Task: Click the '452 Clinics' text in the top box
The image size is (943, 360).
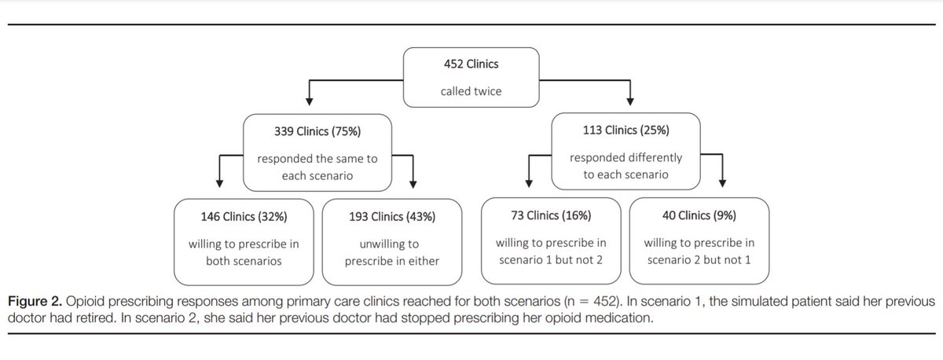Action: pyautogui.click(x=471, y=64)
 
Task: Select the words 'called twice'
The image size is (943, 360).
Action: pyautogui.click(x=471, y=92)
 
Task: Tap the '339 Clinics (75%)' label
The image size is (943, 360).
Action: pyautogui.click(x=317, y=130)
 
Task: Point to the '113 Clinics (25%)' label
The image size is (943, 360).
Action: pyautogui.click(x=626, y=130)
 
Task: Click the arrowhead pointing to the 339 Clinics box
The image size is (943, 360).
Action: pyautogui.click(x=310, y=101)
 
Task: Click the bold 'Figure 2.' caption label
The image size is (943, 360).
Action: pyautogui.click(x=35, y=302)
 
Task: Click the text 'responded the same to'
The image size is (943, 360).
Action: pyautogui.click(x=317, y=158)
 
